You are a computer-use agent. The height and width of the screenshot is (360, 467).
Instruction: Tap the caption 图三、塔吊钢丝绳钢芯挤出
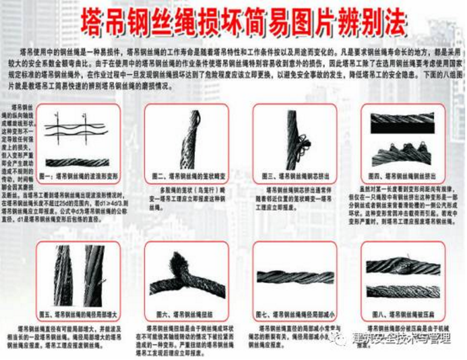[293, 177]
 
